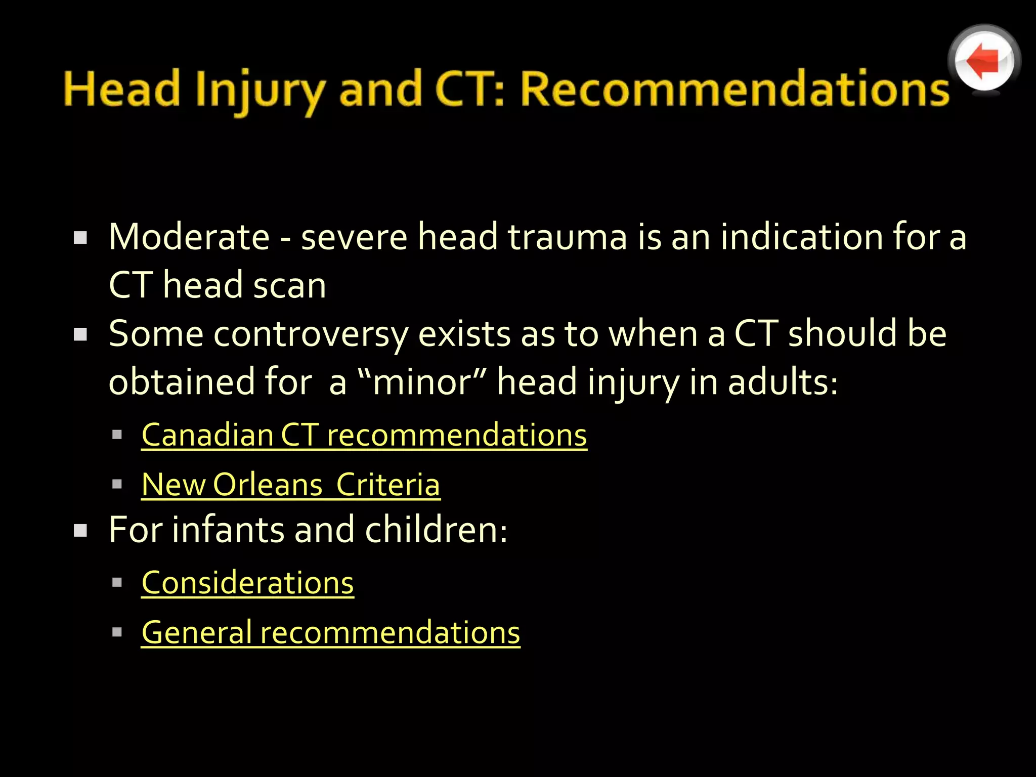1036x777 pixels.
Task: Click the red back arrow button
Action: [x=984, y=61]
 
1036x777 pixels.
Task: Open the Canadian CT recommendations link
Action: [x=364, y=435]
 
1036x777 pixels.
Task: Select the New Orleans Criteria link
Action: [x=291, y=485]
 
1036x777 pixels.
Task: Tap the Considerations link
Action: [x=247, y=583]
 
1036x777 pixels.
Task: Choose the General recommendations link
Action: [x=331, y=632]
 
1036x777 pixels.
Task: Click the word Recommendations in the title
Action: [x=735, y=90]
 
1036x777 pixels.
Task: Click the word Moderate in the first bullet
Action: [x=189, y=237]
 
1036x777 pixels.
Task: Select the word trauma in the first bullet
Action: [x=567, y=237]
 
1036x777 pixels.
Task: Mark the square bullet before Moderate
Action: [x=80, y=237]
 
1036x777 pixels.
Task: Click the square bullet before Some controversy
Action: [x=80, y=334]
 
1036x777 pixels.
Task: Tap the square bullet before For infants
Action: [x=80, y=530]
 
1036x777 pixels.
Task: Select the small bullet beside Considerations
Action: [x=117, y=582]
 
